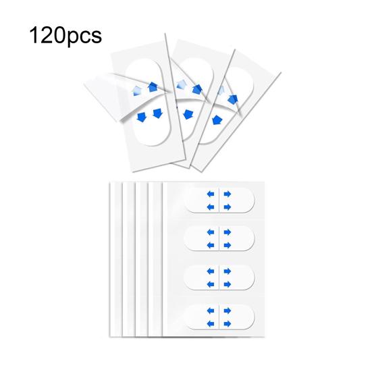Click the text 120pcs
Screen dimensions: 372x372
coord(65,36)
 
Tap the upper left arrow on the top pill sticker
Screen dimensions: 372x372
coord(211,194)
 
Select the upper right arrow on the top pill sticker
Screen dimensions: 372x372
coord(228,194)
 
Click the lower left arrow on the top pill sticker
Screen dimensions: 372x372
coord(211,207)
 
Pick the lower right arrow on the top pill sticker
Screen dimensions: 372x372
coord(228,207)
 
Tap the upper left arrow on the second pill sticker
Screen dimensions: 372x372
coord(211,232)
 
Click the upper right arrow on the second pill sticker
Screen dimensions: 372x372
coord(228,232)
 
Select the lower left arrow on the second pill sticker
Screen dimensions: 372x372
coord(211,245)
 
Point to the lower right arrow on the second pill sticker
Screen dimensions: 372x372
coord(228,245)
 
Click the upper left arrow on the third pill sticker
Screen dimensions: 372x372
coord(211,271)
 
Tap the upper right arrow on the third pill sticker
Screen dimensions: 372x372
coord(228,271)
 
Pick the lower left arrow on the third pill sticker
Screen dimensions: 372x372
coord(211,284)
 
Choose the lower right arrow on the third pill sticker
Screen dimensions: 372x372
coord(228,284)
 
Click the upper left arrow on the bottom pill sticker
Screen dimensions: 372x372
coord(211,311)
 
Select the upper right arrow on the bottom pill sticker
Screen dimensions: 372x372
coord(228,311)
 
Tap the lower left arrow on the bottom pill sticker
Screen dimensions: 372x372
coord(211,323)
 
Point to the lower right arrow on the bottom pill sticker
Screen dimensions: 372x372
coord(228,323)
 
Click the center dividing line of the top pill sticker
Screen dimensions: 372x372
coord(219,201)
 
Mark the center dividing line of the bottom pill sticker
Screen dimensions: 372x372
coord(219,317)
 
